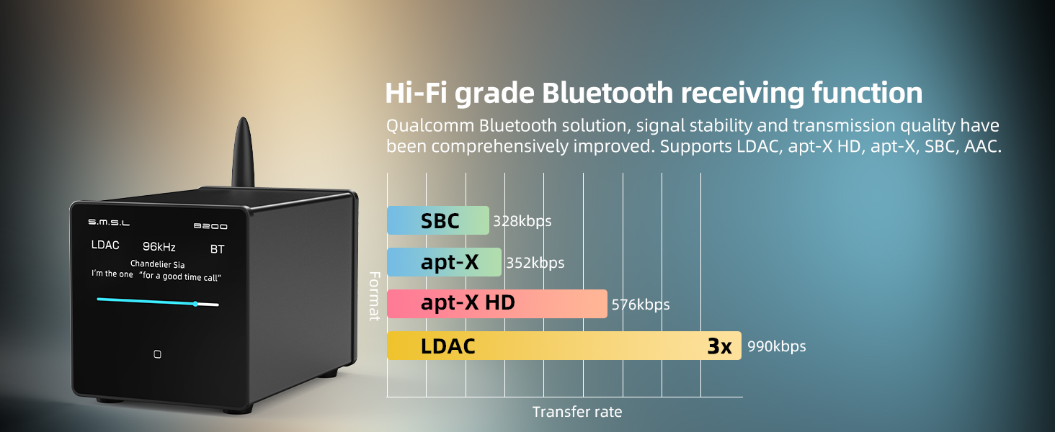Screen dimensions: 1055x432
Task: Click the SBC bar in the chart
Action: coord(438,220)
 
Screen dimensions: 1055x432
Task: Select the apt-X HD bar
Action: coord(497,304)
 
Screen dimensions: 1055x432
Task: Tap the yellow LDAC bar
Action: coord(564,346)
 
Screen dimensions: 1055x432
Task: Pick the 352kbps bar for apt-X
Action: coord(444,261)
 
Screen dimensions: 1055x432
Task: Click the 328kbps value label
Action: coord(522,221)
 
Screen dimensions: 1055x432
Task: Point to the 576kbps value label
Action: coord(641,305)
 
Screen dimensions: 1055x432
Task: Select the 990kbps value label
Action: coord(777,346)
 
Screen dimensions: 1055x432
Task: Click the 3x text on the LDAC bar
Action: coord(719,346)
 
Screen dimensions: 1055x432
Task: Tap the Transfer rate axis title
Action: coord(577,412)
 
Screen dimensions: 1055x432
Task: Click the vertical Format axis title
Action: coord(375,296)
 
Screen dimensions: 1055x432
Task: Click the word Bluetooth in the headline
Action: coord(607,93)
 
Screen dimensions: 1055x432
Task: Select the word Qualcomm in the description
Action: coord(430,126)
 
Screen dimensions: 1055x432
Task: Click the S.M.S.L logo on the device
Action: coord(109,222)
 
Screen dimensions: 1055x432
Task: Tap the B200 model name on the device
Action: coord(210,226)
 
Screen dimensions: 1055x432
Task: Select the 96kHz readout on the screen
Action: coord(159,246)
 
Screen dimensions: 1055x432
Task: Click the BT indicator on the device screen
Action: coord(217,249)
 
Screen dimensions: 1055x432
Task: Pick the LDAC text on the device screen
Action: coord(105,245)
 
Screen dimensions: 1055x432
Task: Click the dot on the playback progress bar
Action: coord(195,304)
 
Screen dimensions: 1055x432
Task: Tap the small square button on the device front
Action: coord(157,354)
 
